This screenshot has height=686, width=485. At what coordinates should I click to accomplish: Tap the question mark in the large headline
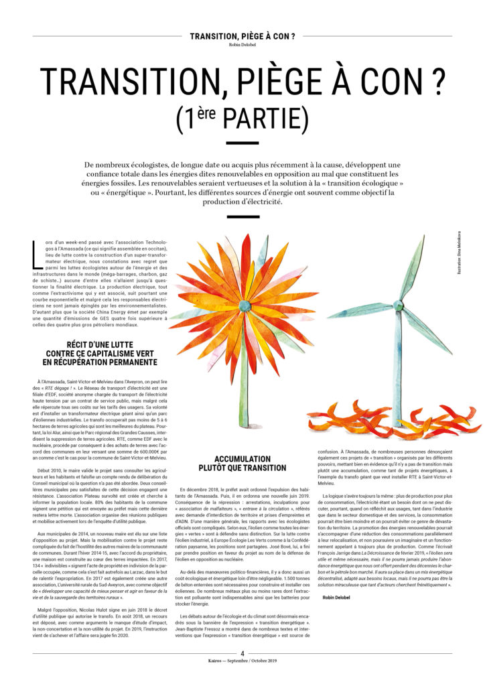click(438, 82)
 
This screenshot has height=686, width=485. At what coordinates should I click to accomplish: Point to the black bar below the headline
click(242, 143)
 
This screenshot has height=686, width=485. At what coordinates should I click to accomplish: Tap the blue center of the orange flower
click(245, 305)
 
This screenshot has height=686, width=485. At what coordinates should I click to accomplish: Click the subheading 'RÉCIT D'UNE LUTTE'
click(102, 346)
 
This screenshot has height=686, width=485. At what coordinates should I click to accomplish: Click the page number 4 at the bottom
click(242, 654)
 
